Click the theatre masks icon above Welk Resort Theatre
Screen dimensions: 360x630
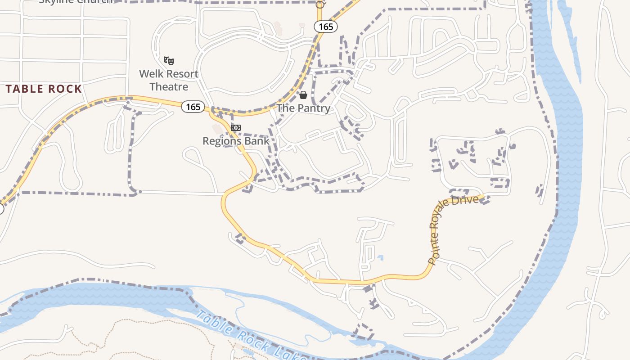pyautogui.click(x=169, y=60)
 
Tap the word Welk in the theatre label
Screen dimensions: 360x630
pyautogui.click(x=150, y=74)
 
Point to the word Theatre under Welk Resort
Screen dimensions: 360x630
pyautogui.click(x=169, y=86)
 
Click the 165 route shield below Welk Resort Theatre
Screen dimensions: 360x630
pyautogui.click(x=193, y=107)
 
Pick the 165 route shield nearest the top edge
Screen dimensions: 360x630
pyautogui.click(x=326, y=27)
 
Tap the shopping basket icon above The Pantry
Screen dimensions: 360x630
pyautogui.click(x=303, y=95)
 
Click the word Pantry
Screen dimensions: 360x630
pyautogui.click(x=314, y=108)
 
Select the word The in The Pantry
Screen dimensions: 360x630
pyautogui.click(x=285, y=108)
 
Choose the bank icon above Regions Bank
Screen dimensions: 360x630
pyautogui.click(x=236, y=128)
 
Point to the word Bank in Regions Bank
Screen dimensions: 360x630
pyautogui.click(x=257, y=141)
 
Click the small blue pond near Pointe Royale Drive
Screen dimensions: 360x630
pyautogui.click(x=381, y=258)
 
